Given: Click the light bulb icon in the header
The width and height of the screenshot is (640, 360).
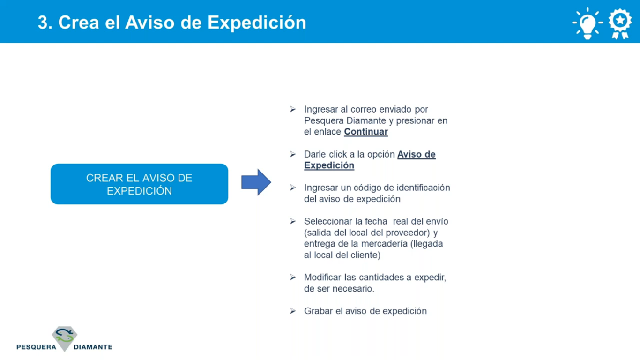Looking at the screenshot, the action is pos(587,23).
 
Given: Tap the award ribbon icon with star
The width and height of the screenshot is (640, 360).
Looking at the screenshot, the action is pos(620,23).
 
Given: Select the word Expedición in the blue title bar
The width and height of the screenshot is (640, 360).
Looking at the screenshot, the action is pos(257,22).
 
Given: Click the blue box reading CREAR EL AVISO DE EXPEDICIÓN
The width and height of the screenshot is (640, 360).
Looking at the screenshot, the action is pos(140,184).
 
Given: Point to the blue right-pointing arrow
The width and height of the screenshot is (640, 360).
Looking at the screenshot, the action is pos(256,182).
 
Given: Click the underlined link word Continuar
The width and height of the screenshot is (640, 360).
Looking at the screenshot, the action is pos(366,132).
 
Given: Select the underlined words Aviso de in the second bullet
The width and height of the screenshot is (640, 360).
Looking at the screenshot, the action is pos(417,154).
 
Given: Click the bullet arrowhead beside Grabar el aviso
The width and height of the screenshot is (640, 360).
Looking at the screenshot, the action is pos(292,311).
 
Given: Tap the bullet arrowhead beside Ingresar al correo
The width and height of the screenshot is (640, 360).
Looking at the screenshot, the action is pos(292,109).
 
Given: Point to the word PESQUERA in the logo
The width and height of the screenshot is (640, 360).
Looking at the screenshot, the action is pos(36,347).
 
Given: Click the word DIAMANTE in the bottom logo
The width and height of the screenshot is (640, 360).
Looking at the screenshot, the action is pos(93,347).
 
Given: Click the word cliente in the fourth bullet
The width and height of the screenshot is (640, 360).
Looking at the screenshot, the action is pos(367,255).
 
